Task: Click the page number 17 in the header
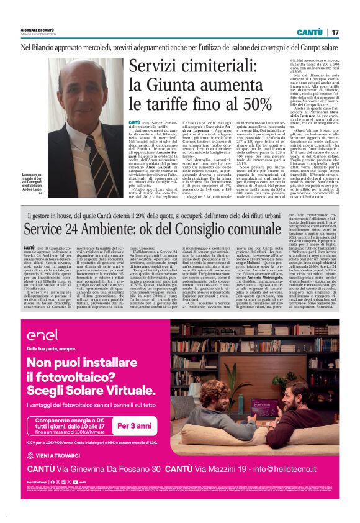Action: (335, 32)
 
